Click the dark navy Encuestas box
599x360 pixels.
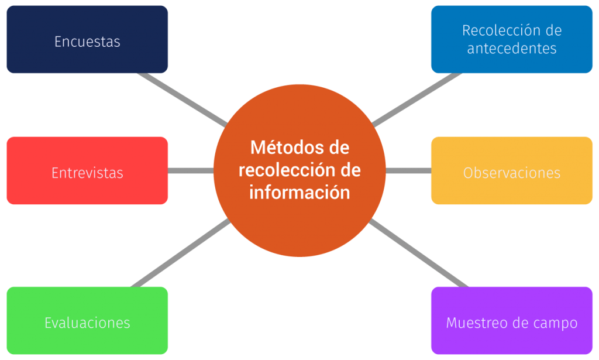(87, 39)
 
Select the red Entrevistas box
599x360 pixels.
(87, 170)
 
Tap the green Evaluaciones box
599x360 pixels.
(87, 321)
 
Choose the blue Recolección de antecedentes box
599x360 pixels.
(512, 39)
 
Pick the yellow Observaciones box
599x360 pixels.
(512, 170)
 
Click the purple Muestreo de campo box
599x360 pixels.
(512, 321)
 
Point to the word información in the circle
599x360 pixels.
(300, 192)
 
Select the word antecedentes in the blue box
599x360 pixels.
(512, 49)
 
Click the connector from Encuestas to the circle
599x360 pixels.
(183, 99)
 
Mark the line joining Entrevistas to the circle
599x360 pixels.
(191, 170)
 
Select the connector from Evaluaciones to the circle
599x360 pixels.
(180, 253)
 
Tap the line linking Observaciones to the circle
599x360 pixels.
(408, 170)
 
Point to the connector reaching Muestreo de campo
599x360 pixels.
(419, 253)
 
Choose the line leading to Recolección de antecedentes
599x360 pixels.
(417, 99)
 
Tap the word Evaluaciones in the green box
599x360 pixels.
(87, 323)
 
